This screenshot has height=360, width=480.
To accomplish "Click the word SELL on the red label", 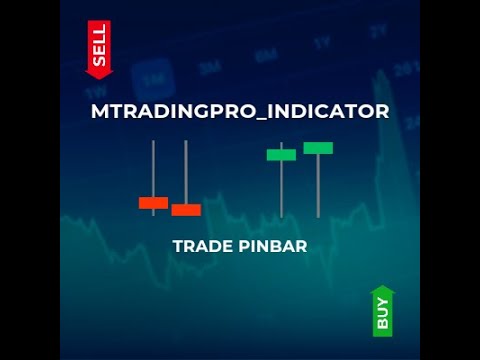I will point(99,46).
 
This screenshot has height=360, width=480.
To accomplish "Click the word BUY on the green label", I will point(383,315).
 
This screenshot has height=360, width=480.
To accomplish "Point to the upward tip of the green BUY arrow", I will point(383,289).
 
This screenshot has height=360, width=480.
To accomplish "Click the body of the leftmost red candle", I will point(153,202).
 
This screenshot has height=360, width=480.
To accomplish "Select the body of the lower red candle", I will point(186,210).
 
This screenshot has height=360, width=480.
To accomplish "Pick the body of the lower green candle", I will point(281,154).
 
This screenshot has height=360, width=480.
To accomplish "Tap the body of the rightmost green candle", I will point(318,148).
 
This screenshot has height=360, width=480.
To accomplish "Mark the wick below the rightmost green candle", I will point(318,185).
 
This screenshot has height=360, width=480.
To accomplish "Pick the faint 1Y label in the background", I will point(321,43).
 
